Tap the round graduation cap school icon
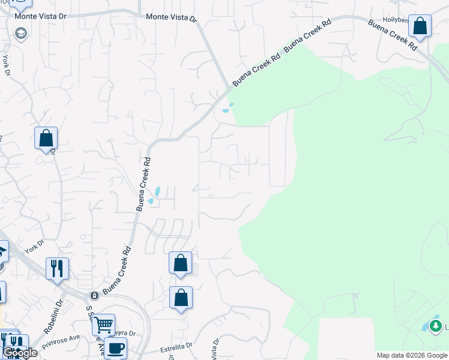click(x=22, y=33)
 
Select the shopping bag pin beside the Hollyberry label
click(x=420, y=26)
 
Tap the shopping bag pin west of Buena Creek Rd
click(x=46, y=139)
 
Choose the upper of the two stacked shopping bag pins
click(x=180, y=263)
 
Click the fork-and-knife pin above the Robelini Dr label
click(x=57, y=268)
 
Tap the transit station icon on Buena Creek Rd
click(x=94, y=296)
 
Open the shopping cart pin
click(x=103, y=325)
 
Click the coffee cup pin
click(x=115, y=347)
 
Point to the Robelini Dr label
click(x=53, y=317)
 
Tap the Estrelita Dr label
click(x=176, y=347)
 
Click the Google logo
click(x=20, y=353)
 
